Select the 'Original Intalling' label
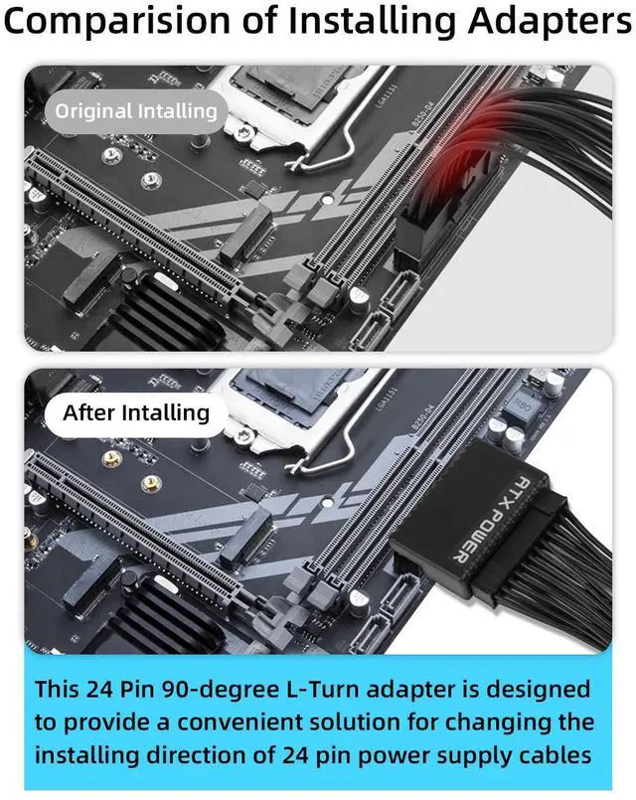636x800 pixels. point(135,111)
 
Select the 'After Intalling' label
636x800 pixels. point(136,412)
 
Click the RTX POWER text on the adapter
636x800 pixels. point(466,516)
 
